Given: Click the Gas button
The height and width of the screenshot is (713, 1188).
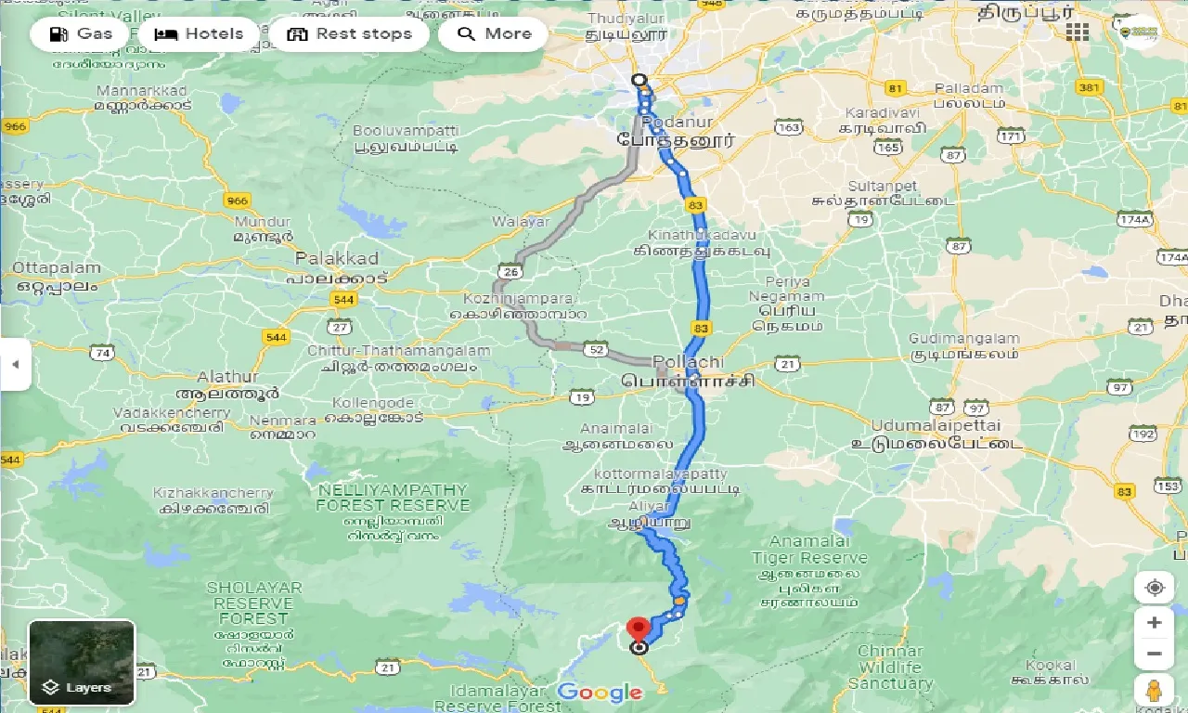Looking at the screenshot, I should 80,34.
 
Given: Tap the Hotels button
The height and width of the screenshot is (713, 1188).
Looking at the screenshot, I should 199,34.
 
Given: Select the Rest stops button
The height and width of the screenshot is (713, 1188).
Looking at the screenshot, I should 349,34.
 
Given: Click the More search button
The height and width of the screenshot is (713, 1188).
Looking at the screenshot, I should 494,34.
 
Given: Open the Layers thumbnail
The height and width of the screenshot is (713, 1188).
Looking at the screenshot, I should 82,663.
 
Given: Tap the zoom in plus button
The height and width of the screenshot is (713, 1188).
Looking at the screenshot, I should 1154,622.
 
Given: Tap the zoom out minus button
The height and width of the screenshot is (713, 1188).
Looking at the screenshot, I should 1154,654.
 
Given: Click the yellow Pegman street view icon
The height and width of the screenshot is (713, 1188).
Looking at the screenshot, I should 1154,691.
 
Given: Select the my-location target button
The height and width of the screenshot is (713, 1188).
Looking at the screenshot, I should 1154,588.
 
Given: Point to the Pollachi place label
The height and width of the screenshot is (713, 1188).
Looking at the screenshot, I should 688,360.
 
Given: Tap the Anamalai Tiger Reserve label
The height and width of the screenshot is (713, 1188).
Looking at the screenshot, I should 808,550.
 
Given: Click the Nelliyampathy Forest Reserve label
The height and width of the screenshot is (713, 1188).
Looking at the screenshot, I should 393,497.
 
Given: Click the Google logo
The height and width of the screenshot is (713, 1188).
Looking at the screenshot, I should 600,692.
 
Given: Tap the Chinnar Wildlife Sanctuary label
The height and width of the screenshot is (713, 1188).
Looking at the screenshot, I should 889,667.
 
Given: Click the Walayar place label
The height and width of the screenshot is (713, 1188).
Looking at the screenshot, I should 521,221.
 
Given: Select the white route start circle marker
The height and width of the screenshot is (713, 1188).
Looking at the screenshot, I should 638,80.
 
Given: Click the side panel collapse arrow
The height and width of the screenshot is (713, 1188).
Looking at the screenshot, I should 15,364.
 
